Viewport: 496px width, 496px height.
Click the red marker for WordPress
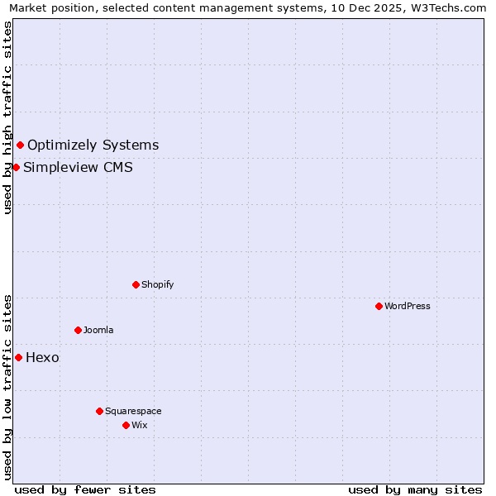pyautogui.click(x=379, y=306)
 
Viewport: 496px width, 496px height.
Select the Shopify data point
pyautogui.click(x=136, y=284)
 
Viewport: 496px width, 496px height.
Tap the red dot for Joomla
pyautogui.click(x=78, y=330)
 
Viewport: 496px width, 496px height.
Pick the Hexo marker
pyautogui.click(x=18, y=357)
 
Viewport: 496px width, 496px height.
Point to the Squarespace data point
pyautogui.click(x=99, y=411)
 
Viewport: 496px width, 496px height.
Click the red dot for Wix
pyautogui.click(x=126, y=425)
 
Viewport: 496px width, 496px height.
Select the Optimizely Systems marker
pyautogui.click(x=20, y=145)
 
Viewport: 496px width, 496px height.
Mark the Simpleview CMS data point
pyautogui.click(x=16, y=167)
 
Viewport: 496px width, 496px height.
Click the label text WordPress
pyautogui.click(x=408, y=306)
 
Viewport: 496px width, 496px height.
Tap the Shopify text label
pyautogui.click(x=157, y=284)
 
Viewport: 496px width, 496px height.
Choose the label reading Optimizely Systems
pyautogui.click(x=93, y=145)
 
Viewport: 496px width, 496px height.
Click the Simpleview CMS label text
pyautogui.click(x=78, y=168)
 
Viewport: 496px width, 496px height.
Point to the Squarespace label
pyautogui.click(x=133, y=411)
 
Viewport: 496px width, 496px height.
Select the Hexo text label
pyautogui.click(x=42, y=358)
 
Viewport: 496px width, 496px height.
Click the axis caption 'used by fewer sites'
pyautogui.click(x=85, y=489)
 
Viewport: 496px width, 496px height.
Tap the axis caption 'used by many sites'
pyautogui.click(x=415, y=489)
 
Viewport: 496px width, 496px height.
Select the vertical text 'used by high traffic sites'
pyautogui.click(x=7, y=117)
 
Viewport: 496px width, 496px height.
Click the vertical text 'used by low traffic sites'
pyautogui.click(x=7, y=386)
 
